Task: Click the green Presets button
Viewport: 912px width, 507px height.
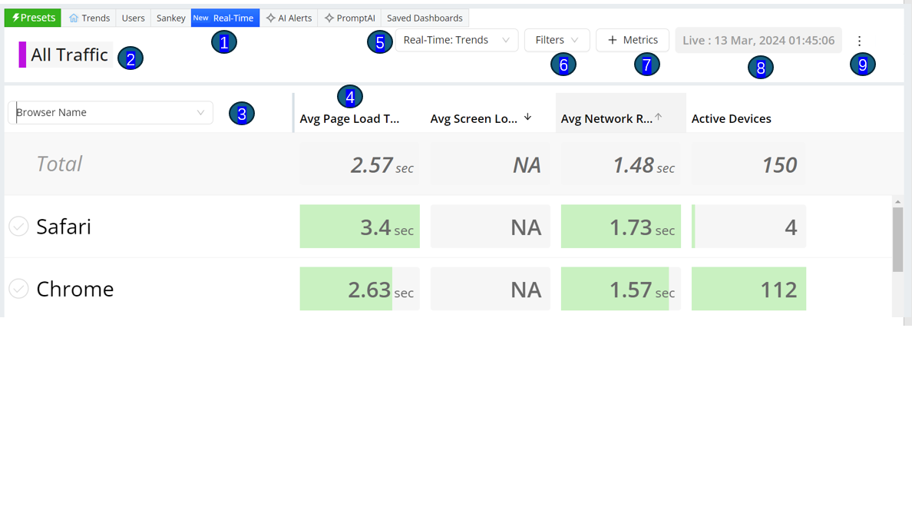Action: [x=32, y=18]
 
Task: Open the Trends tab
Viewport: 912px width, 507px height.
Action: [x=89, y=18]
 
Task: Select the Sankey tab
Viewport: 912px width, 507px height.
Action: [x=170, y=18]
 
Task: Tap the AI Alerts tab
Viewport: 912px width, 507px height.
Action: [x=289, y=18]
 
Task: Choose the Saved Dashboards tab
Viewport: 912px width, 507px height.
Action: [x=425, y=18]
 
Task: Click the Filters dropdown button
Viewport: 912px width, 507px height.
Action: [x=557, y=40]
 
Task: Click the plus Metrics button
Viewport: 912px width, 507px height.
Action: [x=633, y=40]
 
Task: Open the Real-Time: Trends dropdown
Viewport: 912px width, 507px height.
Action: [x=457, y=40]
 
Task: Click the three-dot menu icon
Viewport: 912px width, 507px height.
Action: [x=859, y=41]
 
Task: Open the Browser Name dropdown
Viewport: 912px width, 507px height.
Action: [x=111, y=112]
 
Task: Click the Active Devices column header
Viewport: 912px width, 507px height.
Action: [x=731, y=119]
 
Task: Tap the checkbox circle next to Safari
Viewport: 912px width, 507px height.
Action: [x=18, y=227]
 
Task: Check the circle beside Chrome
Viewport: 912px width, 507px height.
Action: [x=18, y=289]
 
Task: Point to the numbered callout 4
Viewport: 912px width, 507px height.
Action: [x=349, y=97]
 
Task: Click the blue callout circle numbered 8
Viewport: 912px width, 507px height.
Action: [x=760, y=68]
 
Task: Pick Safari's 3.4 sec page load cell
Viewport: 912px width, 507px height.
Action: [x=359, y=227]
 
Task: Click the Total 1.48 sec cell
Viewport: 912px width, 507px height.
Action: [x=620, y=164]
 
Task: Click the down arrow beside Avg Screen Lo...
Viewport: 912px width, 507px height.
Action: [x=527, y=117]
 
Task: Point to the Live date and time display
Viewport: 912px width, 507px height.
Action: [x=758, y=40]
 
